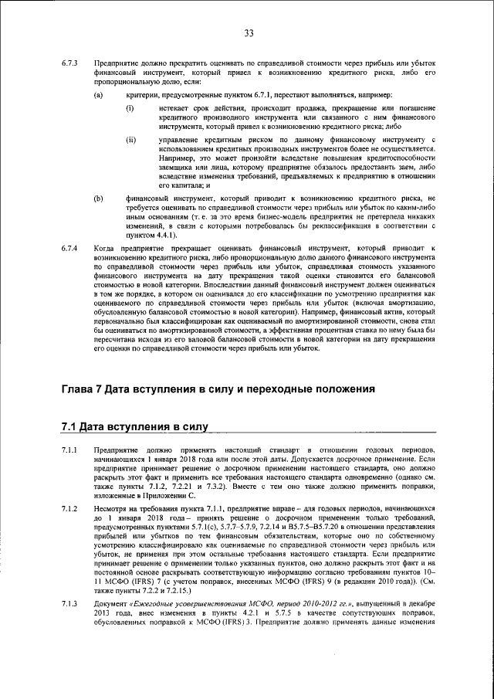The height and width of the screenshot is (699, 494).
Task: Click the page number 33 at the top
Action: tap(249, 32)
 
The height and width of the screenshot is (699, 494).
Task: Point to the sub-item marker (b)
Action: tap(98, 199)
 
